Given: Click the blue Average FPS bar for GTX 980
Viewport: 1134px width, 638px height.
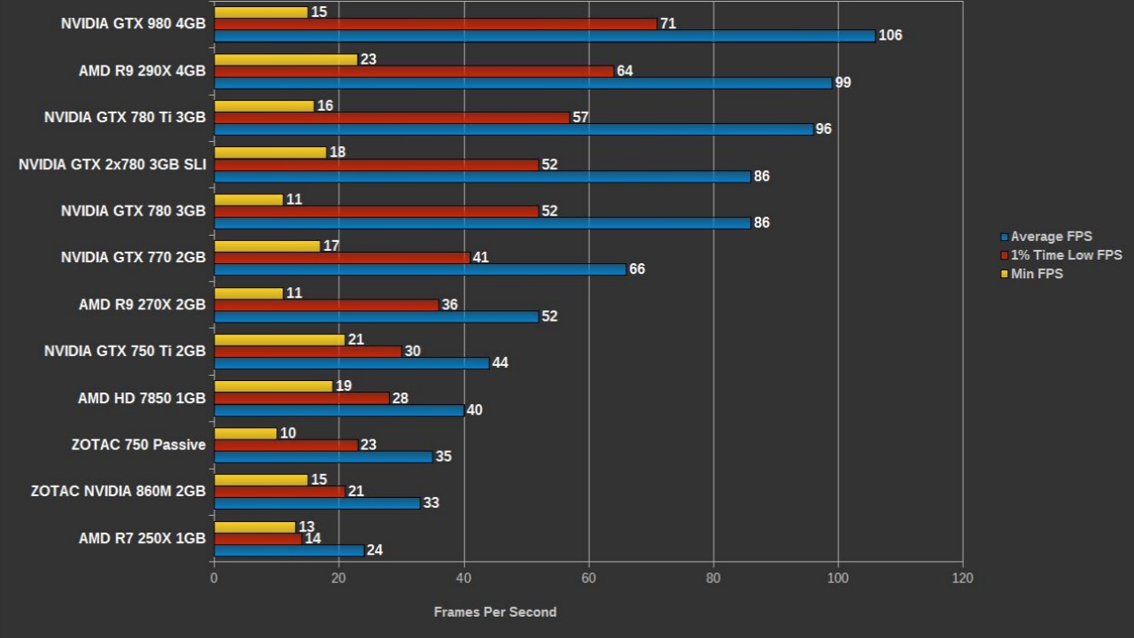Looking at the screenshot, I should pos(544,35).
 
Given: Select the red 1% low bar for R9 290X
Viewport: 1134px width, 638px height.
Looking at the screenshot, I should pos(414,71).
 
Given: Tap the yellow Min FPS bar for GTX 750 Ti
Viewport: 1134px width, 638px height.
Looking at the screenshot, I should pos(279,340).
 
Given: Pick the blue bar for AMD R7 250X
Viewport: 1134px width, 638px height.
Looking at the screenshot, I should pos(289,550).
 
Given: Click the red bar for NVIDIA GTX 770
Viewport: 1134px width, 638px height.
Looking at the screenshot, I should pos(342,258).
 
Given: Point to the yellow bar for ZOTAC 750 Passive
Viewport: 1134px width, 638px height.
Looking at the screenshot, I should pos(245,433).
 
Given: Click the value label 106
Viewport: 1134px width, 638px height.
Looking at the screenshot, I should pos(890,35).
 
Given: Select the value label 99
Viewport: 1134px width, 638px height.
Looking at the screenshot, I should pos(843,82).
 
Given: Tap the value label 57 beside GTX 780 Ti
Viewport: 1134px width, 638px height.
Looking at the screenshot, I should pos(580,118).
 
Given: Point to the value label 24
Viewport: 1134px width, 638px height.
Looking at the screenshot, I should pos(375,550).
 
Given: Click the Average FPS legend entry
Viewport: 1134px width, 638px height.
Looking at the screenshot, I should pos(1051,237).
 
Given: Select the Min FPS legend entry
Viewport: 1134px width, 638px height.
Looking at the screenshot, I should pos(1037,274).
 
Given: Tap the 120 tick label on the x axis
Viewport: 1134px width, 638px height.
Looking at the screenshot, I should pos(962,578).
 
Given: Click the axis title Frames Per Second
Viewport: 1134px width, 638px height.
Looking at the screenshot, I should pos(495,611).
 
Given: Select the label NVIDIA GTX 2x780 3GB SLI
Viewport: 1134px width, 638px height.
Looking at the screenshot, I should pos(112,164).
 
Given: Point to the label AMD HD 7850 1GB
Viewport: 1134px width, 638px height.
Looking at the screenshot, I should pos(142,398).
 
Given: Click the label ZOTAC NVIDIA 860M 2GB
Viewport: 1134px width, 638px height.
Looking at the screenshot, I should pos(118,491).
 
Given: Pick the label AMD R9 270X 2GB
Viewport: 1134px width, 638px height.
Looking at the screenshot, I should pos(142,304).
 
